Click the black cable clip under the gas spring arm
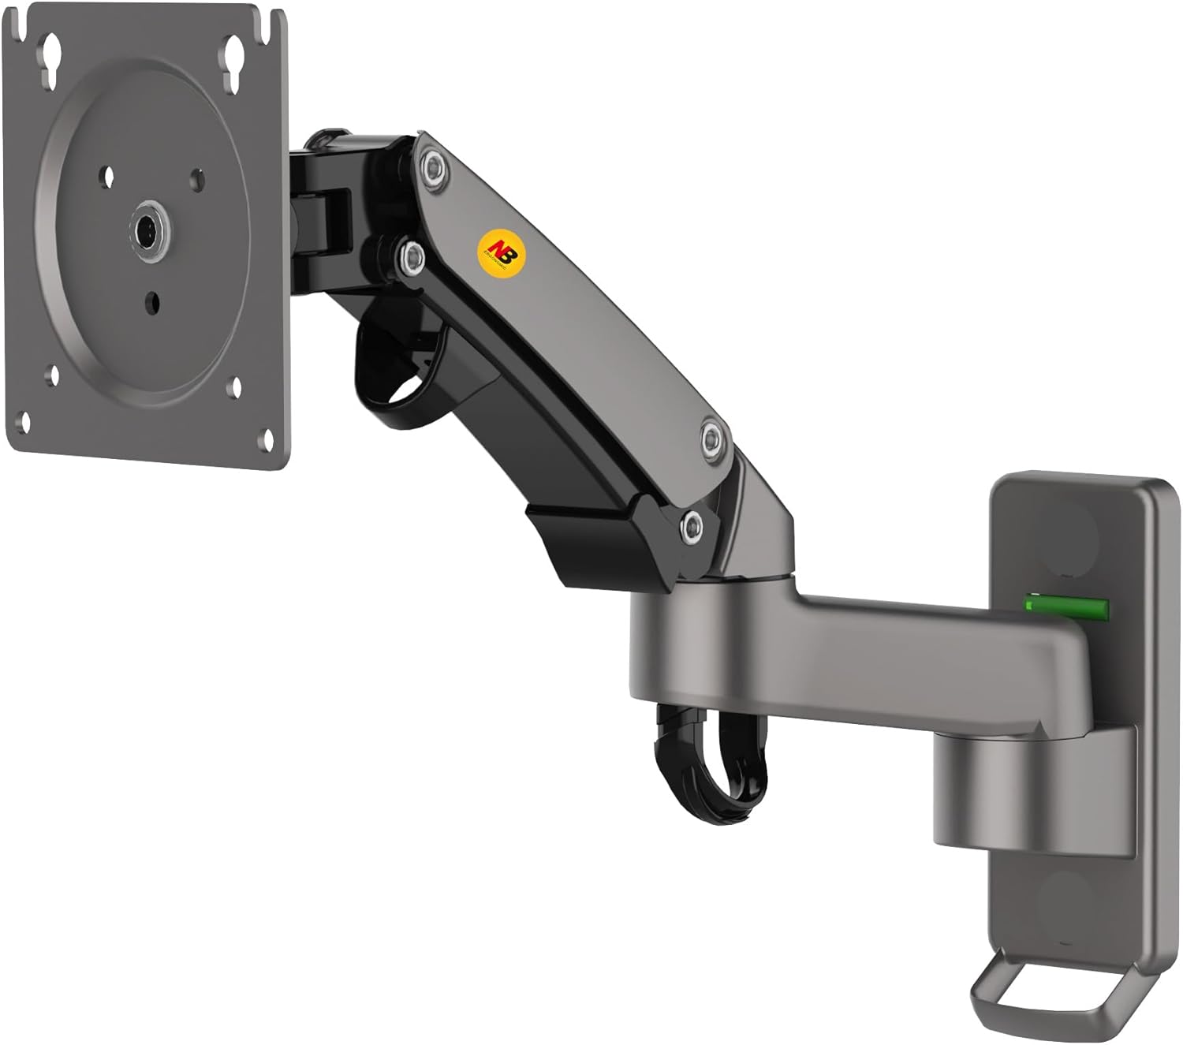tap(393, 360)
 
